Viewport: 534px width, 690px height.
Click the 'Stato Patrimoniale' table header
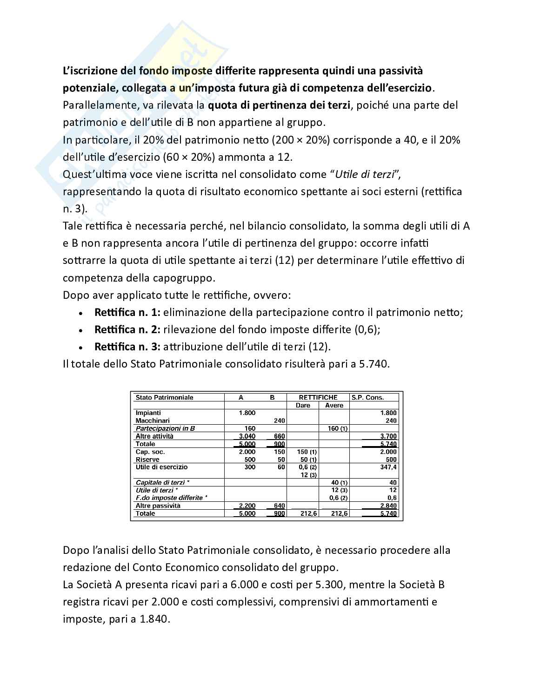164,397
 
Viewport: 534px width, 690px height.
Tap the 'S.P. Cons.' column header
367,397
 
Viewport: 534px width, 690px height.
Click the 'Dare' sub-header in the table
303,405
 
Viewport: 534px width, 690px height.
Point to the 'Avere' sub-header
334,405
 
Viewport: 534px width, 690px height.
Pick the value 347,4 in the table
388,467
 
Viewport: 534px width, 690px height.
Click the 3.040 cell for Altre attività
247,436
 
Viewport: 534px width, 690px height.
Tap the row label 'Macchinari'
152,421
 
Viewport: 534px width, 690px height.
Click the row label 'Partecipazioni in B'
165,428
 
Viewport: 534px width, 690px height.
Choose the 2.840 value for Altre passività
387,506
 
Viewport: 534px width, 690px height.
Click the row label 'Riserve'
147,460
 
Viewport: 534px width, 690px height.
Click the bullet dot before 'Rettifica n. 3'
81,348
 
